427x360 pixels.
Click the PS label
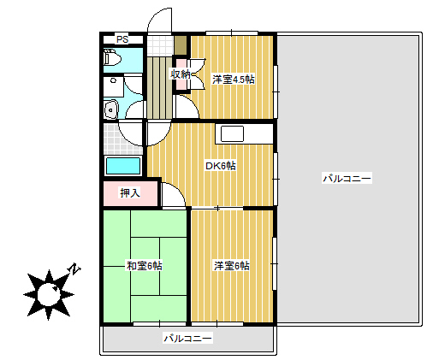(122, 39)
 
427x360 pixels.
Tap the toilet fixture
(111, 57)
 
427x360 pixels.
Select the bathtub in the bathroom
(123, 166)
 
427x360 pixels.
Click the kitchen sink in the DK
(232, 133)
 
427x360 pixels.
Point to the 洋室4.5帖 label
(234, 80)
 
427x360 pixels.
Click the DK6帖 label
(221, 166)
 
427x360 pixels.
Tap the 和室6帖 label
(145, 266)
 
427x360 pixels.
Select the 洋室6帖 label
(232, 266)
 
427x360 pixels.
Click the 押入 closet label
(130, 193)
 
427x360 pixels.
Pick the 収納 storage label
(180, 74)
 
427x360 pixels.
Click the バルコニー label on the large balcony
(347, 179)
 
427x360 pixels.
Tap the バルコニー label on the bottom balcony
(187, 339)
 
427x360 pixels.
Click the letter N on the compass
(74, 269)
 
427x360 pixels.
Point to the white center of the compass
(49, 294)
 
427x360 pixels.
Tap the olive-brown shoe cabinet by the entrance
(181, 45)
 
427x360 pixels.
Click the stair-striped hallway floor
(159, 87)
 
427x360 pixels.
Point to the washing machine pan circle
(113, 80)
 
